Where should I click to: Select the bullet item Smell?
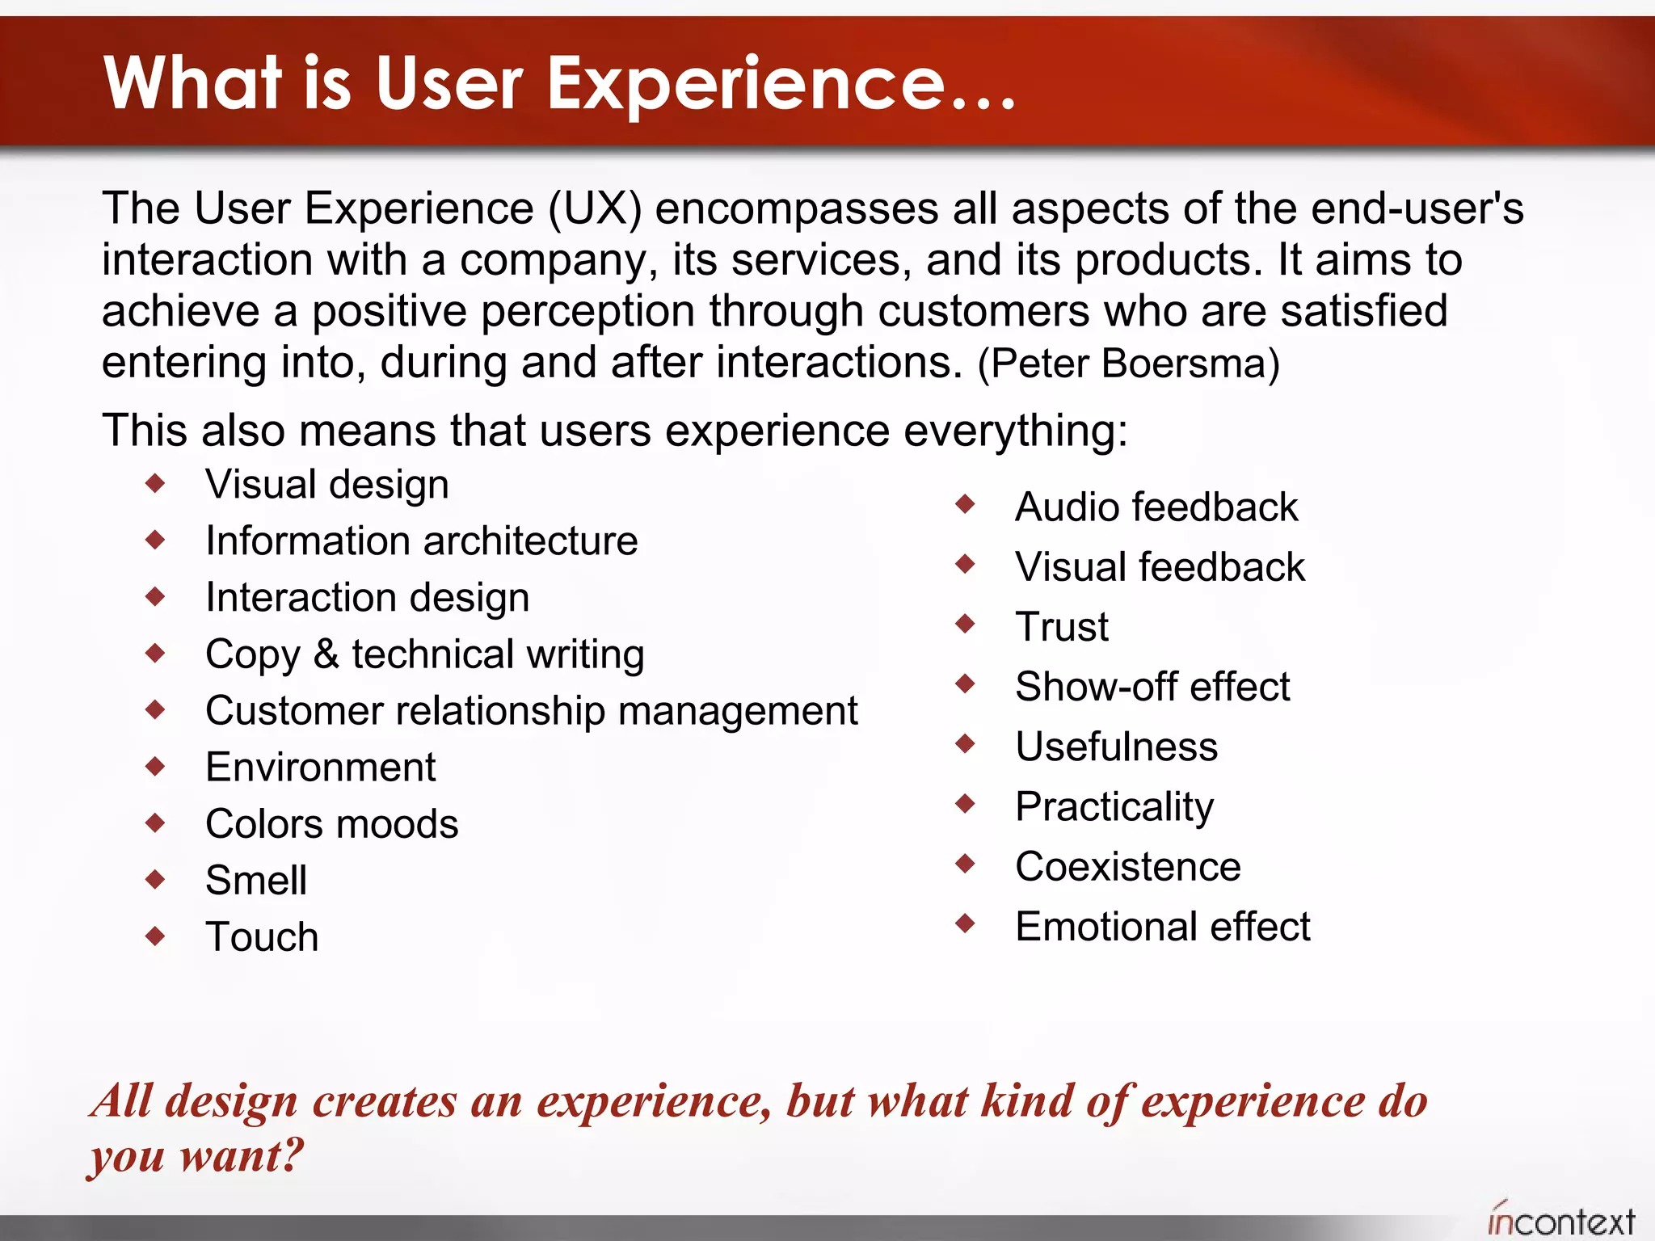tap(255, 881)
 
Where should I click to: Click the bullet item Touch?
tap(262, 937)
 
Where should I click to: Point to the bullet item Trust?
tap(1062, 627)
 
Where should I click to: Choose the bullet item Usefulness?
tap(1116, 747)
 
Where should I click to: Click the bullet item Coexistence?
tap(1127, 867)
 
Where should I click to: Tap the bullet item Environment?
tap(320, 768)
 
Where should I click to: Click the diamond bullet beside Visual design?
tap(155, 484)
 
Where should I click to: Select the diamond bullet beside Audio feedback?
tap(965, 505)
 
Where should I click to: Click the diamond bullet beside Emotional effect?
tap(965, 923)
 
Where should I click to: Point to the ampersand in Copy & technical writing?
tap(326, 654)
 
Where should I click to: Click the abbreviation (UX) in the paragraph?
tap(595, 209)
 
